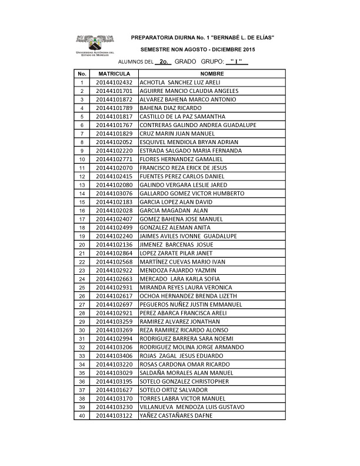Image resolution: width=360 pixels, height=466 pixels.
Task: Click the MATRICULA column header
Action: pyautogui.click(x=115, y=74)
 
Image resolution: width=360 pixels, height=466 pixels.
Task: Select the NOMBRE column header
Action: pyautogui.click(x=212, y=74)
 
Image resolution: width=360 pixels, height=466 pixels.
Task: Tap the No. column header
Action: pyautogui.click(x=82, y=74)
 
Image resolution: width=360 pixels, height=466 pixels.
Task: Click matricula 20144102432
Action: pyautogui.click(x=115, y=82)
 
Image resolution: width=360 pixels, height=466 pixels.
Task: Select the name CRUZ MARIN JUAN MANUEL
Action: pyautogui.click(x=174, y=134)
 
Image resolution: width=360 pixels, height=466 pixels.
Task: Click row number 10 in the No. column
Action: pyautogui.click(x=82, y=159)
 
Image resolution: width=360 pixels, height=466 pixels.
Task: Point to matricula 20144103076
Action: pyautogui.click(x=115, y=193)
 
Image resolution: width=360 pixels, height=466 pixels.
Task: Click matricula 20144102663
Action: pyautogui.click(x=115, y=278)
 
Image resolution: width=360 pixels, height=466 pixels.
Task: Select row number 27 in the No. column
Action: pyautogui.click(x=82, y=304)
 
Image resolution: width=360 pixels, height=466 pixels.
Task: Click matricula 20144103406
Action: pyautogui.click(x=115, y=355)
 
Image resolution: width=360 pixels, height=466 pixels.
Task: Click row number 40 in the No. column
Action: pyautogui.click(x=82, y=415)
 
